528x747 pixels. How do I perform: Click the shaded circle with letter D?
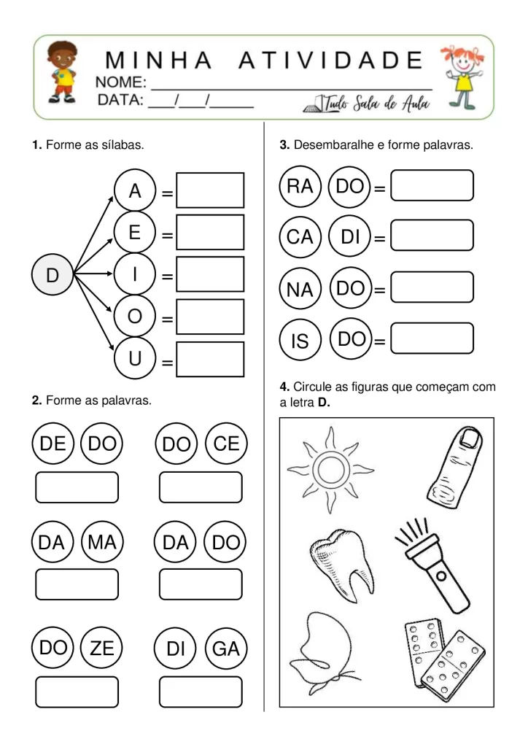point(53,275)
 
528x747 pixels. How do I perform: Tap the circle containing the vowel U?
point(135,360)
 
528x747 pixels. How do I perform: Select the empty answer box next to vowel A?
point(210,190)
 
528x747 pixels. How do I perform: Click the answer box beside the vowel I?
point(210,274)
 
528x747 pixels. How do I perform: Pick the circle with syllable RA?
point(300,187)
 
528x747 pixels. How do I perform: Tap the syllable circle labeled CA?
point(300,237)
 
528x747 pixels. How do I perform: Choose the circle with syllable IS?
point(300,340)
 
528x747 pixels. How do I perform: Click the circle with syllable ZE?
point(102,648)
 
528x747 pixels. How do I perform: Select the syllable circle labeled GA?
point(226,648)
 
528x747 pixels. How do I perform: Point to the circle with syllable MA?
point(102,543)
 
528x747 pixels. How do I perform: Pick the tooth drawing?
point(338,560)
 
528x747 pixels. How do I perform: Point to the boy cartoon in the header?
point(60,74)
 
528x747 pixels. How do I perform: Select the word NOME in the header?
point(121,82)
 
